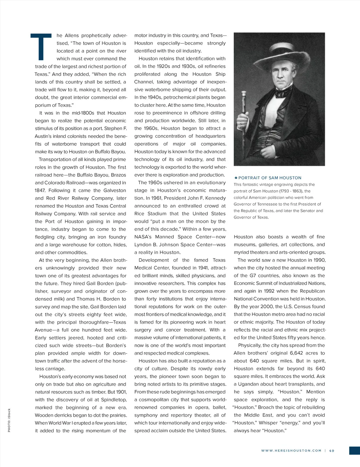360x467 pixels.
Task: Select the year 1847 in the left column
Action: [x=40, y=190]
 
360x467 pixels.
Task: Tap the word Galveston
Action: [x=115, y=190]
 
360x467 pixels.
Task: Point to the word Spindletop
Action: [x=114, y=400]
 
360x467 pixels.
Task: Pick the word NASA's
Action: [x=143, y=237]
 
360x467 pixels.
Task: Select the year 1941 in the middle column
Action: [x=203, y=268]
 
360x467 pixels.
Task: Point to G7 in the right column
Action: [x=253, y=275]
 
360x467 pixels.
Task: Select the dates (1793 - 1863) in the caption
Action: [x=292, y=191]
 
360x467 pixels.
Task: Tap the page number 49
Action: [x=332, y=450]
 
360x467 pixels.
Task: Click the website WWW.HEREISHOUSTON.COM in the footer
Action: [x=291, y=450]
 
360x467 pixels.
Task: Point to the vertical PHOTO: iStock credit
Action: [x=9, y=420]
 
